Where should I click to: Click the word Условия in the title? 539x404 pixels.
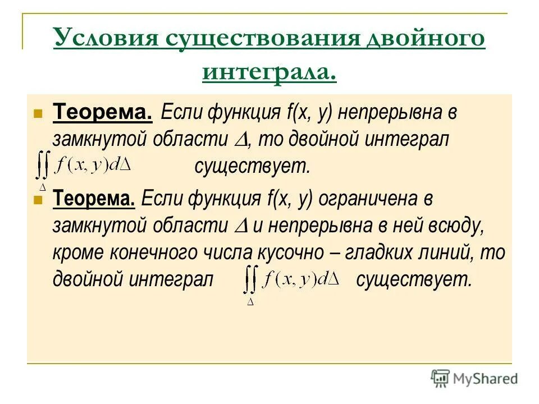pos(104,40)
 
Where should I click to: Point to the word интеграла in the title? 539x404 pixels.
pos(269,73)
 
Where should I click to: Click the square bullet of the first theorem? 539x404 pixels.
pos(38,113)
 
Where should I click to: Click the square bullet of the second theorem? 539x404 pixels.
pos(38,199)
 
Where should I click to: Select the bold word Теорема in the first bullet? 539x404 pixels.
pos(102,113)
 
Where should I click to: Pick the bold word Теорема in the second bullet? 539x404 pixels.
pos(94,198)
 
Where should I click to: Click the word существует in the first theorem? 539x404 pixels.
pos(252,166)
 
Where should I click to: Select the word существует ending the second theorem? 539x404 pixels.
pos(415,279)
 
